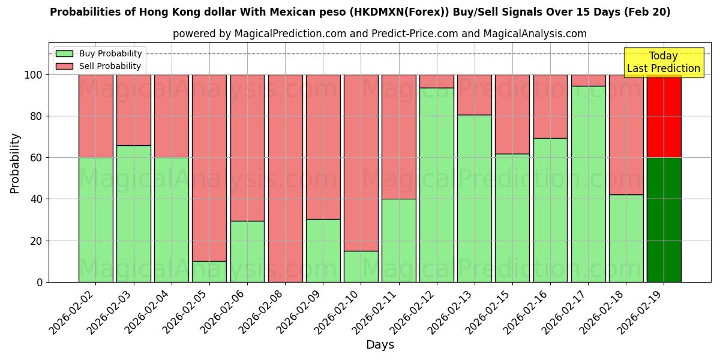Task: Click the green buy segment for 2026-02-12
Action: pos(437,185)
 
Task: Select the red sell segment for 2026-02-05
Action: pos(209,168)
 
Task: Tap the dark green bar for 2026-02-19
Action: pos(664,220)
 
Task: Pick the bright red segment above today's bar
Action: pos(664,116)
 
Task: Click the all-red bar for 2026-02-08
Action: pos(285,178)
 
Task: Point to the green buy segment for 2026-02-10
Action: pos(361,266)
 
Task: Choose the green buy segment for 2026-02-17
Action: pos(588,184)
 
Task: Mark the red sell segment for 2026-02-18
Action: pos(626,134)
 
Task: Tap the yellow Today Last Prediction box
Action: pos(664,62)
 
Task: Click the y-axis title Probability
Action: pos(16,163)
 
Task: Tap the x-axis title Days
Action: pos(380,345)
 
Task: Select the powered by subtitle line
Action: pos(380,34)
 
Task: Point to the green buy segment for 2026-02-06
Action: pos(247,251)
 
